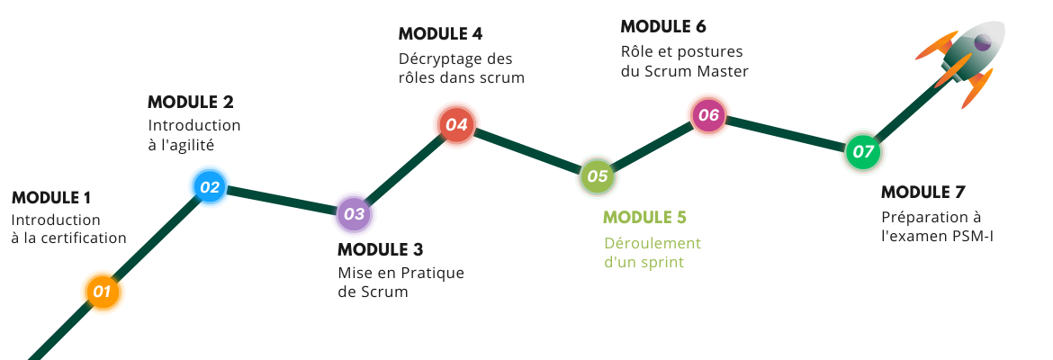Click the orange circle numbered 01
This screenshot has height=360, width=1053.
pos(102,292)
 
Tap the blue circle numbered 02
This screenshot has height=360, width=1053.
pos(210,186)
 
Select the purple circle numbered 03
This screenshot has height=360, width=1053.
pos(353,214)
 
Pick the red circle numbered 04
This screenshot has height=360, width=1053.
pos(456,124)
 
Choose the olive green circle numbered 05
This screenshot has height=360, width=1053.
pos(597,176)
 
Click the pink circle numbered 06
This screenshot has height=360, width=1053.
pos(708,115)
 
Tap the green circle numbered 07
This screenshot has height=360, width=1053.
pos(863,152)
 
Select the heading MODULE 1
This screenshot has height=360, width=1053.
pos(51,198)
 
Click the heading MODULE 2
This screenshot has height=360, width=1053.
pos(191,102)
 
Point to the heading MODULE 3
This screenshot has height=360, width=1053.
pos(380,250)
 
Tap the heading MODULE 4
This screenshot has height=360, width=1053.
pos(440,33)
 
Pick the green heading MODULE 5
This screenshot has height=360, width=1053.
pos(644,218)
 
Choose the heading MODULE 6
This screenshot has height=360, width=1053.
pos(663,27)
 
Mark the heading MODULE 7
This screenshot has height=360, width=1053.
pos(923,192)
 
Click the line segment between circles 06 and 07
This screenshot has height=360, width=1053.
pos(786,133)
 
